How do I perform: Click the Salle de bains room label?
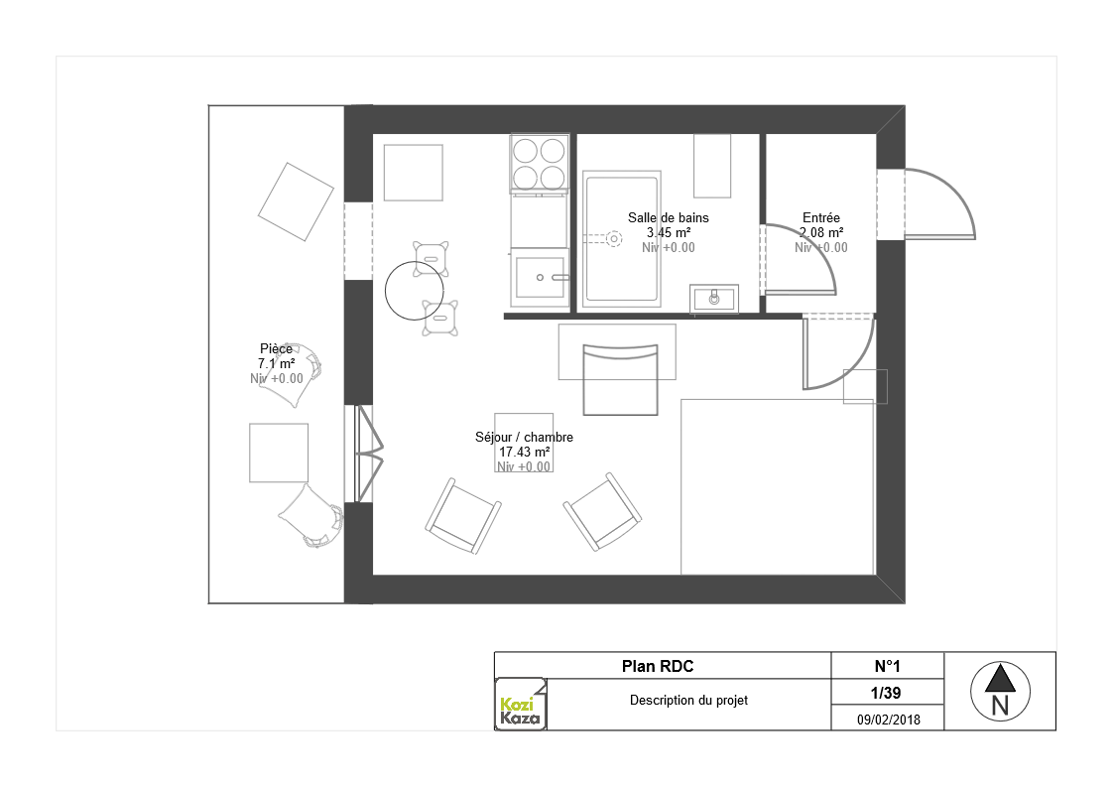[x=668, y=218]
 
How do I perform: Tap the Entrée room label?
[x=821, y=218]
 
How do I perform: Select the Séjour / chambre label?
[x=524, y=437]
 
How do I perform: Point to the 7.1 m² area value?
[x=276, y=363]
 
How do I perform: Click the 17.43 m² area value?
[x=524, y=452]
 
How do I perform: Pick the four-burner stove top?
[x=540, y=164]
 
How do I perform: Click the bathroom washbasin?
[x=714, y=299]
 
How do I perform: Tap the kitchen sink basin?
[x=540, y=277]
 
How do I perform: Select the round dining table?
[x=415, y=291]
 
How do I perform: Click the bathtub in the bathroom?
[x=622, y=238]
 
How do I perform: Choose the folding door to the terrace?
[x=365, y=454]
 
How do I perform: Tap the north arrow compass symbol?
[x=1000, y=691]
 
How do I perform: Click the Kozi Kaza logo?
[x=521, y=704]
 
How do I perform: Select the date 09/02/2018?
[x=888, y=720]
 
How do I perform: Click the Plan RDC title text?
[x=658, y=666]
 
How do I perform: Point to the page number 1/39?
[x=886, y=693]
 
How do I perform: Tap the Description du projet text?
[x=688, y=701]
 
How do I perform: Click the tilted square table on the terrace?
[x=296, y=201]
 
